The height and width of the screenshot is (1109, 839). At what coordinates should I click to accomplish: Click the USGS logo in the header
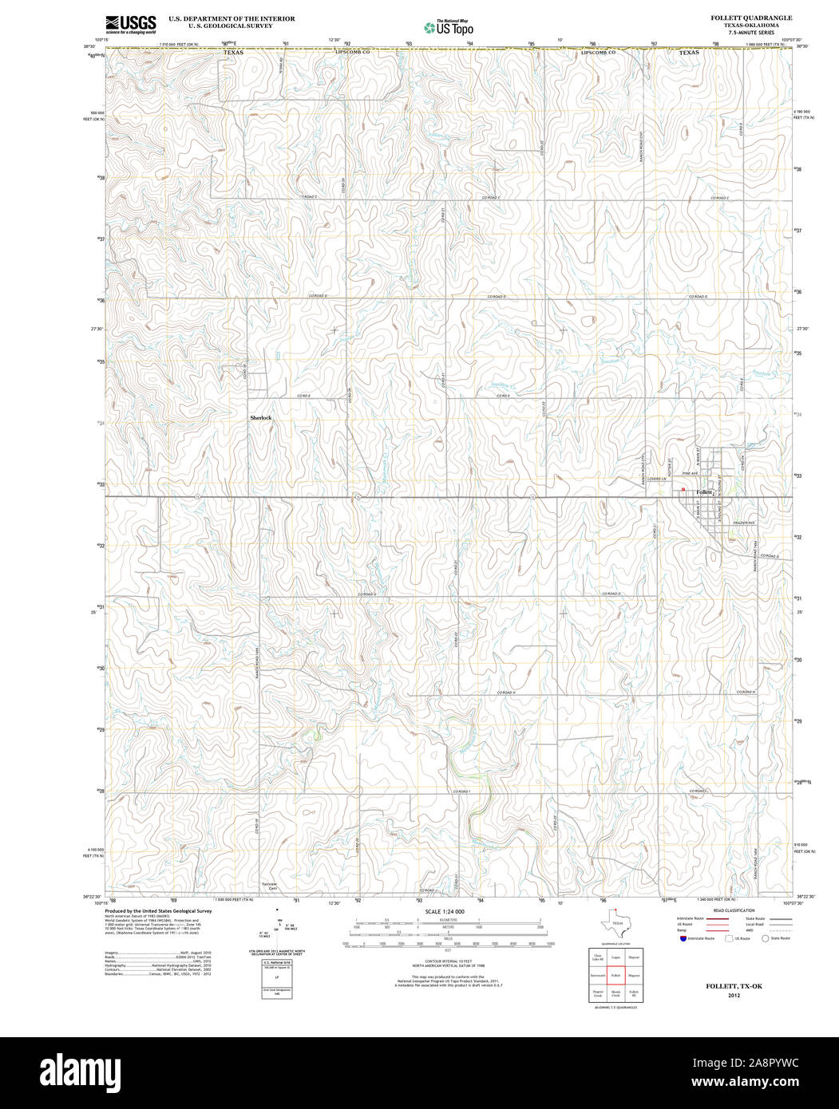click(130, 24)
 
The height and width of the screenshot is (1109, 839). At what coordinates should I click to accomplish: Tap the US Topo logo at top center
click(448, 27)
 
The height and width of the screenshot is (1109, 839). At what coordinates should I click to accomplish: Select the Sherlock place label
click(261, 417)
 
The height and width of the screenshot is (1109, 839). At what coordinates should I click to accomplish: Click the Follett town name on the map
click(704, 492)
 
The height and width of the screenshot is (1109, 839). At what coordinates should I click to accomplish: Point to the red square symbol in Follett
click(683, 490)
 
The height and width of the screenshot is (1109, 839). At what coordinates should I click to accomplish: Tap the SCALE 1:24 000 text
click(445, 911)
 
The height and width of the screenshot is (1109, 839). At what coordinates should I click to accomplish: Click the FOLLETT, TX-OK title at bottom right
click(733, 986)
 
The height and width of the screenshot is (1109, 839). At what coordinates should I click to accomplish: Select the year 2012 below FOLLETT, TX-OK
click(733, 996)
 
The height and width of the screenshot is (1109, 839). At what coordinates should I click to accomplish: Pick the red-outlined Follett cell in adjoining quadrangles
click(615, 975)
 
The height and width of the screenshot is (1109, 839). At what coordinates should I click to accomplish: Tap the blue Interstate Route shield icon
click(681, 938)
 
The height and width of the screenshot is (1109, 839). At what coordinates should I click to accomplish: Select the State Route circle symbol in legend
click(765, 938)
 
